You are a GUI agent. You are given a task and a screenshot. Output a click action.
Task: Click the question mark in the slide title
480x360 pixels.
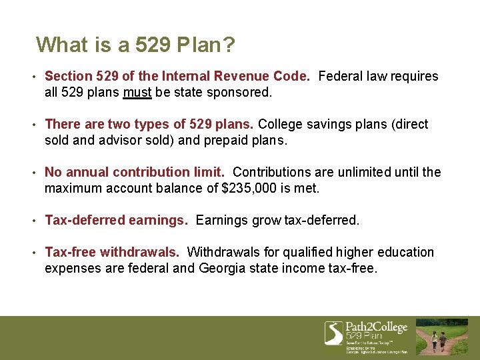228,45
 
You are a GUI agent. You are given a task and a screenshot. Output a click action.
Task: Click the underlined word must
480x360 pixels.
137,92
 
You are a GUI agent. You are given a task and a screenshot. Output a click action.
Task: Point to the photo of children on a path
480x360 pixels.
442,337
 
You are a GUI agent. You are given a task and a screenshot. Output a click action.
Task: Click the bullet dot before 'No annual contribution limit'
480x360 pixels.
33,173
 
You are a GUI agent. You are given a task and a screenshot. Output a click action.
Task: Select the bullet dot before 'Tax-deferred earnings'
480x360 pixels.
33,221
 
